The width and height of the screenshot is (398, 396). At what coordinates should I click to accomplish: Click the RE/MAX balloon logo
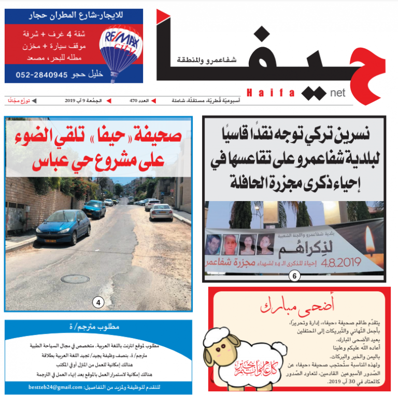(x=121, y=49)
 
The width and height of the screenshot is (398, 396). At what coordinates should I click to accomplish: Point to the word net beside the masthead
(x=337, y=94)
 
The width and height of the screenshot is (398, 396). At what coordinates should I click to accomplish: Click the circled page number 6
(x=294, y=276)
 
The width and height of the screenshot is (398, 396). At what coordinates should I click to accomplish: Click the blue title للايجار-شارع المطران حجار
(x=74, y=16)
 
